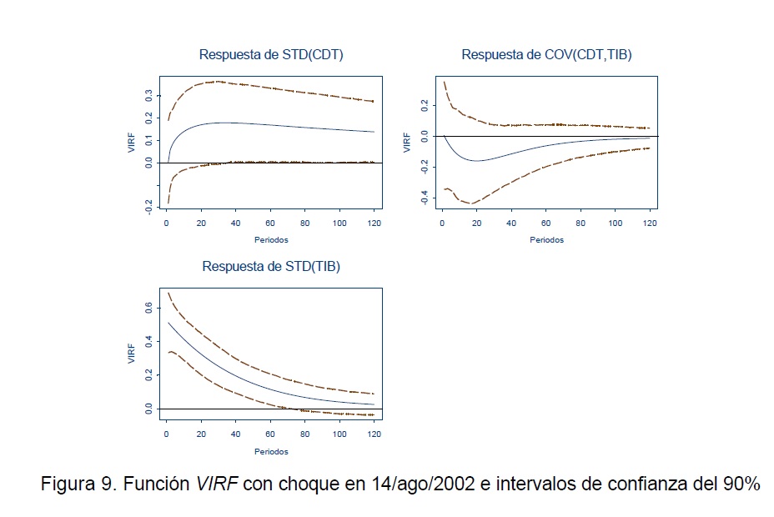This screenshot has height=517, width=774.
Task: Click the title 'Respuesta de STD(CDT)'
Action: [271, 55]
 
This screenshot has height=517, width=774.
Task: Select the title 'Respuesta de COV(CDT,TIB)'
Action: [546, 55]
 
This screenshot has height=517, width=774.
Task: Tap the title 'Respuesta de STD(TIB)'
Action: [271, 267]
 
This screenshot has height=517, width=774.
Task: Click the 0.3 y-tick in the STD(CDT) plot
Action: [149, 96]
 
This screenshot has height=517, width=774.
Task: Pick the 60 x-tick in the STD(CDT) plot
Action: [270, 224]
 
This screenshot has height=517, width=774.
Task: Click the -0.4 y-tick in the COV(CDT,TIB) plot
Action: [425, 197]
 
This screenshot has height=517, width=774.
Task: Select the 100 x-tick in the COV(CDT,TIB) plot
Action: [616, 224]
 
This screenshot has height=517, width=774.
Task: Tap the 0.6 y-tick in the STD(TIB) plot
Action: [149, 307]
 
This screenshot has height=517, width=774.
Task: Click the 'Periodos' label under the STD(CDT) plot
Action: [271, 240]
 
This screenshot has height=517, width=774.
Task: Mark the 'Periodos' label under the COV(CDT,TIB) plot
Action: [546, 240]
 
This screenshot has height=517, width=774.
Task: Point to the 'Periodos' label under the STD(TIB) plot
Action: [271, 452]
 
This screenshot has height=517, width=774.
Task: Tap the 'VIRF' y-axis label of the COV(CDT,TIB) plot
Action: [407, 141]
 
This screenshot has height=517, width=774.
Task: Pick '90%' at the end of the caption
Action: [741, 485]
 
